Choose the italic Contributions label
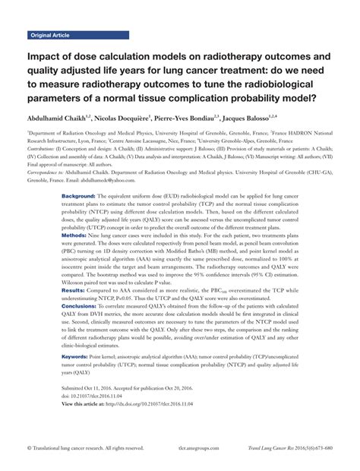tap(46, 151)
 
